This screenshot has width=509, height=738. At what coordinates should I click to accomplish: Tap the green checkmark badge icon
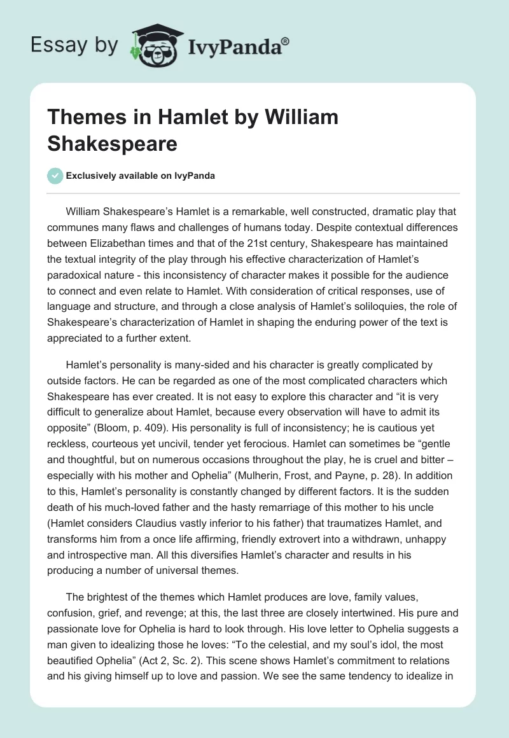point(56,176)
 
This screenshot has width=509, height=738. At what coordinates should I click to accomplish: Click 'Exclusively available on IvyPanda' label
point(140,176)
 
